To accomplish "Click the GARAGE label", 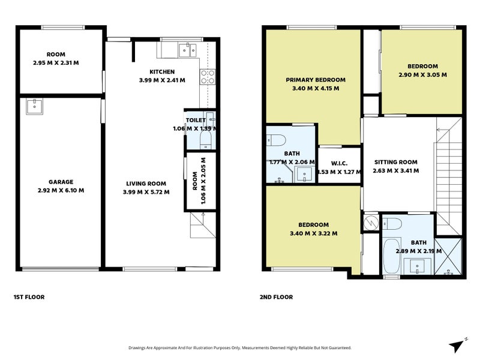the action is pos(61,182).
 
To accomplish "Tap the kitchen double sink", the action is pos(187,50).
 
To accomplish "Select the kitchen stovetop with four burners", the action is pos(208,77).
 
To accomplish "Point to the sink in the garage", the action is pos(34,106).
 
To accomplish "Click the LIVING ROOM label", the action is pos(146,184).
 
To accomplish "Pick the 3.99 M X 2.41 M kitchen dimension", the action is pos(162,80).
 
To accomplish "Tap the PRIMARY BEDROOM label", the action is pos(316,80).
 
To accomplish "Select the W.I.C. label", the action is pos(339,163).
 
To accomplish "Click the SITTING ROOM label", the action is pos(396,162).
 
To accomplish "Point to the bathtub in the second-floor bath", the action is pos(392,257).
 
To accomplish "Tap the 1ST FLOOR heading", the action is pos(29,297).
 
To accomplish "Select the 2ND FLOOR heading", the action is pos(276,297).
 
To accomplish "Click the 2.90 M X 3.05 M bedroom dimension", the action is pos(423,74).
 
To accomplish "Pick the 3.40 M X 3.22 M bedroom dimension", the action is pos(314,233).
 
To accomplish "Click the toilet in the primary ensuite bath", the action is pos(276,140).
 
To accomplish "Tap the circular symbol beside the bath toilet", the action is pos(371,223).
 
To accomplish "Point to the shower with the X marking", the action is pos(448,256).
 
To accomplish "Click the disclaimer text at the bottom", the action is pos(240,348).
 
